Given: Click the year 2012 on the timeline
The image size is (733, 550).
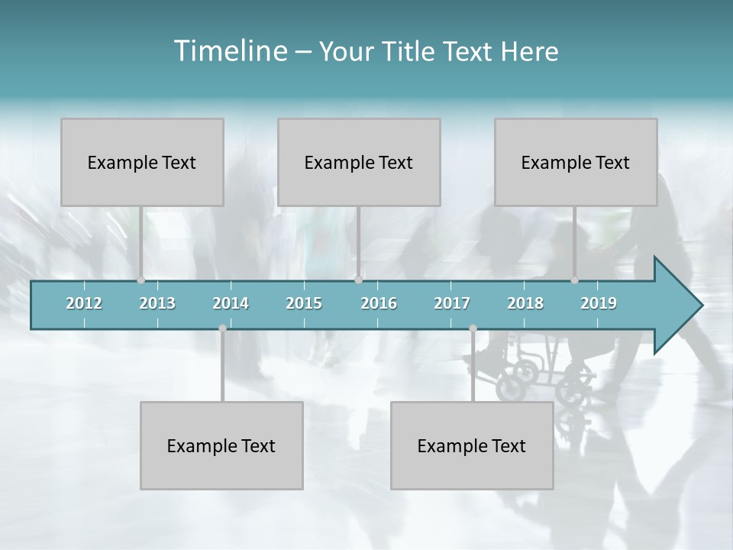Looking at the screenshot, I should pos(84,303).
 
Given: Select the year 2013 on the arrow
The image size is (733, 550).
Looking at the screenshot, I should pos(157,303).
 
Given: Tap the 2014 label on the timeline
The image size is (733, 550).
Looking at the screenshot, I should pos(231,303).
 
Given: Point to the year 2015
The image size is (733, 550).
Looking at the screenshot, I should pos(304,303).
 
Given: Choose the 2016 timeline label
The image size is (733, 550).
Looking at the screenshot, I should pos(379,303).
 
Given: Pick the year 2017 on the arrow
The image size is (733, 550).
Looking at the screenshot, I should pos(452,303).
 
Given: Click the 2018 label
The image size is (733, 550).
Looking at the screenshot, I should pos(525,303).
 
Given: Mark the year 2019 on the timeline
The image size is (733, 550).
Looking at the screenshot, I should pos(599,303).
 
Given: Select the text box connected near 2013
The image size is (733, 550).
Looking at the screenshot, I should pos(142,162).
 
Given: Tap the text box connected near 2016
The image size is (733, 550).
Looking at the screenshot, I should pos(359,162).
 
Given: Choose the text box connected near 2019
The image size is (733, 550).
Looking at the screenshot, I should pos(576,162).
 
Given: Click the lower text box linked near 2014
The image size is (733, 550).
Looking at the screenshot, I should pos(221,445).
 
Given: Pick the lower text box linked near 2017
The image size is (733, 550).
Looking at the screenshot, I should pos(472,445).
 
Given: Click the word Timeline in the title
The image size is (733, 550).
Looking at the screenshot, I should pos(230,51).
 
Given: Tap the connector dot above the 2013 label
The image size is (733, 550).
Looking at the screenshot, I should pos(141,280).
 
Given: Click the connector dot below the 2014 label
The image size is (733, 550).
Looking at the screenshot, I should pos(222,328).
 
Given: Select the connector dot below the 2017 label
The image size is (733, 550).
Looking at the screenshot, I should pos(473,328).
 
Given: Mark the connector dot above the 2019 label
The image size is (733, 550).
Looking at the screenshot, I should pos(575,280).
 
